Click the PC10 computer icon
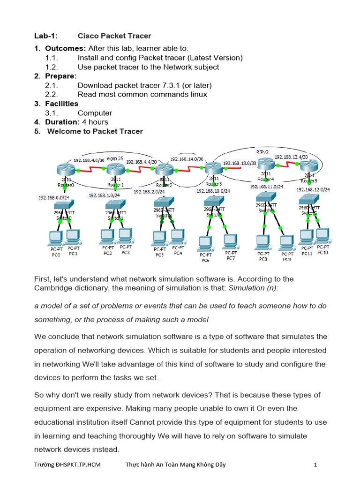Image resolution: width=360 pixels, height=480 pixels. [322, 234]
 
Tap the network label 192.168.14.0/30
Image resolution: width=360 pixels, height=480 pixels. [187, 159]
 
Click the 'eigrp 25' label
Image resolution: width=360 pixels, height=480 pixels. [115, 158]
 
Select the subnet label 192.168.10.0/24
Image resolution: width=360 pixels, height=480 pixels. [213, 191]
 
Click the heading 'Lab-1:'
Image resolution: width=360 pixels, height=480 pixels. [45, 36]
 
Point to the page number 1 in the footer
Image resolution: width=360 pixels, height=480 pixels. [315, 465]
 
